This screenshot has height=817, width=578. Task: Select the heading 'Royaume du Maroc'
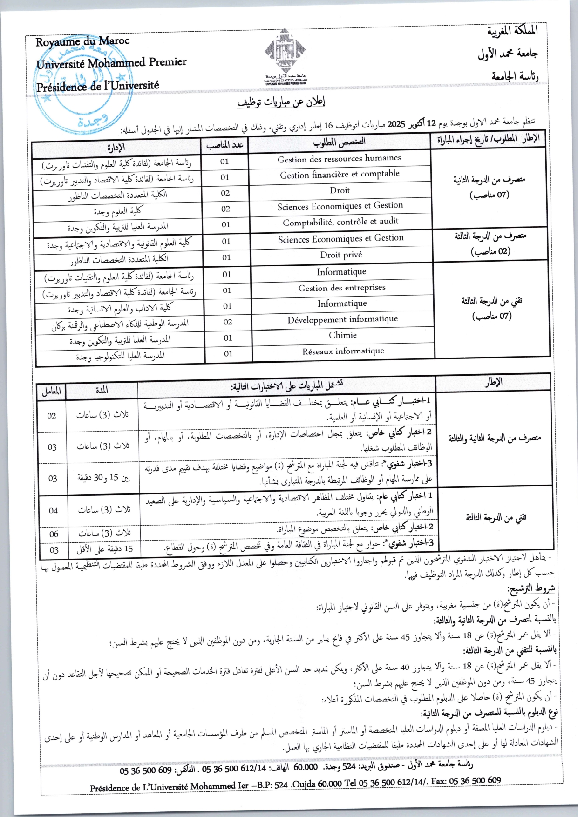82,42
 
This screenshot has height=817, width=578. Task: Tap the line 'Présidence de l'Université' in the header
97,86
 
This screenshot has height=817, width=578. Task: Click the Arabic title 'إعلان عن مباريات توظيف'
282,102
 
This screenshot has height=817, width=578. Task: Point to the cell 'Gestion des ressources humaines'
339,159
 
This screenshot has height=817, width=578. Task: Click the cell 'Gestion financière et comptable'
340,175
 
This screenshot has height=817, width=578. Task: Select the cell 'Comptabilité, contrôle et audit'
340,222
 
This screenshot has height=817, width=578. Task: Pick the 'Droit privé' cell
341,255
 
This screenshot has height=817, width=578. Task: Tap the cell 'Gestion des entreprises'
342,288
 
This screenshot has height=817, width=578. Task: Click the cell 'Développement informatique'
342,319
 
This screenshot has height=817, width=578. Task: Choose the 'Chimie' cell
343,335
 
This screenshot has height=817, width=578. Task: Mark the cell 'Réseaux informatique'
343,351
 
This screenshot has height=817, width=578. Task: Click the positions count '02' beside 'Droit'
225,193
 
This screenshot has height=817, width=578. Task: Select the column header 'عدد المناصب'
225,145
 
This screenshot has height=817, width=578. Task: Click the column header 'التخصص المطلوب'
339,142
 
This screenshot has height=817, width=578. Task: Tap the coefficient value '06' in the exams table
54,534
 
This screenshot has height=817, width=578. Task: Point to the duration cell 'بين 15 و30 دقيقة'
103,478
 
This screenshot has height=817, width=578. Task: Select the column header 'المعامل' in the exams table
51,392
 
